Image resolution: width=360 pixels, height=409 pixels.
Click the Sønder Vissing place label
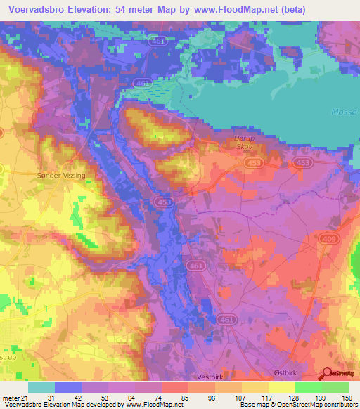(60, 175)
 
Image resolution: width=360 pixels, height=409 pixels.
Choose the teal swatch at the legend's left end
(41, 387)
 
